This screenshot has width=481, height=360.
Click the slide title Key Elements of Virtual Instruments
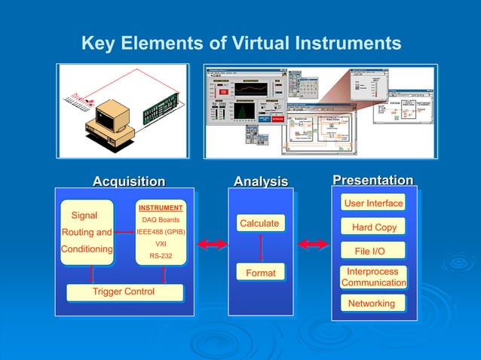(x=240, y=43)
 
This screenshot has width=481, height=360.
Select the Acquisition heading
(x=128, y=182)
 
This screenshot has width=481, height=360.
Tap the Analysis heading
(x=260, y=182)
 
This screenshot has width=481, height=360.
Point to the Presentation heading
(x=372, y=181)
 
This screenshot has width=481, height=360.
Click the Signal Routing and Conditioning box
(x=87, y=232)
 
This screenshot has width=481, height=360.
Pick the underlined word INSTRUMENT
(x=161, y=208)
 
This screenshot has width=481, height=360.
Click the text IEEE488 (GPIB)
(x=161, y=232)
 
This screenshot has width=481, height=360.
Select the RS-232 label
(x=161, y=256)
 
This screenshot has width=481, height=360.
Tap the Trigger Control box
(x=124, y=291)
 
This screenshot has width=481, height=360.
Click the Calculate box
(x=259, y=224)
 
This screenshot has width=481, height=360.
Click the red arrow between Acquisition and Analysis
(x=212, y=244)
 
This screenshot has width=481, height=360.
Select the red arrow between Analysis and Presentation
(x=313, y=244)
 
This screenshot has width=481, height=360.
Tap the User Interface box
(x=373, y=203)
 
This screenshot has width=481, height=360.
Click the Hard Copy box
(x=373, y=227)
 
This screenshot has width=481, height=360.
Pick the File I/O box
(x=373, y=251)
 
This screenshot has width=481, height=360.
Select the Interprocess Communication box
(x=373, y=276)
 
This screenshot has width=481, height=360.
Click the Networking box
(x=372, y=304)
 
